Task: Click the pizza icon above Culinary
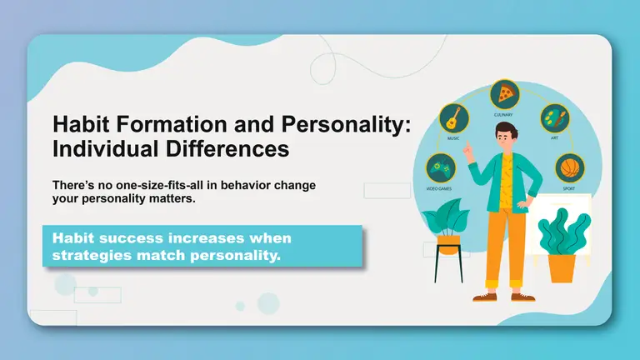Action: tap(503, 92)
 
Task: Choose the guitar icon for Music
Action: tap(453, 116)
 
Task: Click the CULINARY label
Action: tap(503, 114)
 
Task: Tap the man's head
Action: tap(504, 135)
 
